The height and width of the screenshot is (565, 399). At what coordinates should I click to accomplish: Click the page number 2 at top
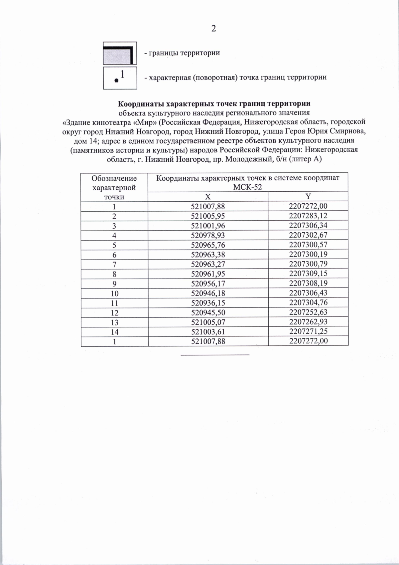click(213, 29)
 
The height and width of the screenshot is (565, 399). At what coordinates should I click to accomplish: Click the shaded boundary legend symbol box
click(120, 53)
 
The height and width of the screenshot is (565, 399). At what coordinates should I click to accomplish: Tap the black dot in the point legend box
click(116, 80)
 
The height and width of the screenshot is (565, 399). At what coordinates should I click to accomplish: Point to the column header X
click(208, 196)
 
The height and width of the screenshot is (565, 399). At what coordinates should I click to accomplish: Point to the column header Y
click(308, 196)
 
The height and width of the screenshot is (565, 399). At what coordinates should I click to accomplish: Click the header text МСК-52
click(247, 187)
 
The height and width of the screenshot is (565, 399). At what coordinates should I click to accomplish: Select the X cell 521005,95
click(208, 216)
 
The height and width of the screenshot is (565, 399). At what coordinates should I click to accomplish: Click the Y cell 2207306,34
click(308, 225)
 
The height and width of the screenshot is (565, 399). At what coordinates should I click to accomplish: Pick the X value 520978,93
click(208, 235)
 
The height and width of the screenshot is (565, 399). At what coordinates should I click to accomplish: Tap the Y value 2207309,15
click(308, 274)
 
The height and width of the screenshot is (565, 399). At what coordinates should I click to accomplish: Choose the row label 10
click(114, 293)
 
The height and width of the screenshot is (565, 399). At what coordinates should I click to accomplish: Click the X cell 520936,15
click(208, 303)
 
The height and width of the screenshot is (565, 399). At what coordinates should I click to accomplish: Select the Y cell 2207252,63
click(308, 312)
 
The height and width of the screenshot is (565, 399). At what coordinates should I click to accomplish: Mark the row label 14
click(114, 332)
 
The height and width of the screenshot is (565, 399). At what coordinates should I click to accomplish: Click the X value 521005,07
click(208, 322)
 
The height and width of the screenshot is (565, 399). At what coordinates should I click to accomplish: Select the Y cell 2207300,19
click(308, 254)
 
